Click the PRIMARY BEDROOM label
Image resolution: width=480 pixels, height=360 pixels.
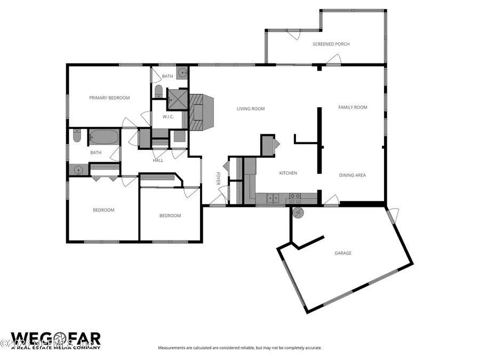109,98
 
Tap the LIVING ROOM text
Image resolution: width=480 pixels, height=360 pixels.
251,109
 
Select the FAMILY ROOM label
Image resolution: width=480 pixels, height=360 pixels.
353,107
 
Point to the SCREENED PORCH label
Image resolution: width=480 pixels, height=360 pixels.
331,44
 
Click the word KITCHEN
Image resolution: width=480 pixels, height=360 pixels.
288,173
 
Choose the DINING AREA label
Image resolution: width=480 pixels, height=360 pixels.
353,175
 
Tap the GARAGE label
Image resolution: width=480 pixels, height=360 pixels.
343,253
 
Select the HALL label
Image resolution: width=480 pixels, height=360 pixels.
158,160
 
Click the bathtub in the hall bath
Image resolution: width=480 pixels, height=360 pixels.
103,137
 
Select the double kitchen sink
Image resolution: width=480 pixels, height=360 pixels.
274,198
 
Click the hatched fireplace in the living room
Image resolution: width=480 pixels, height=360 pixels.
201,112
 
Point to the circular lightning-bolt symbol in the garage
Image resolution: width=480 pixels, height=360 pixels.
299,213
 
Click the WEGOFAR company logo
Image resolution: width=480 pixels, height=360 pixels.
55,339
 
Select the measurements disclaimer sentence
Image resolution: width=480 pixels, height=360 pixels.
239,348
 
